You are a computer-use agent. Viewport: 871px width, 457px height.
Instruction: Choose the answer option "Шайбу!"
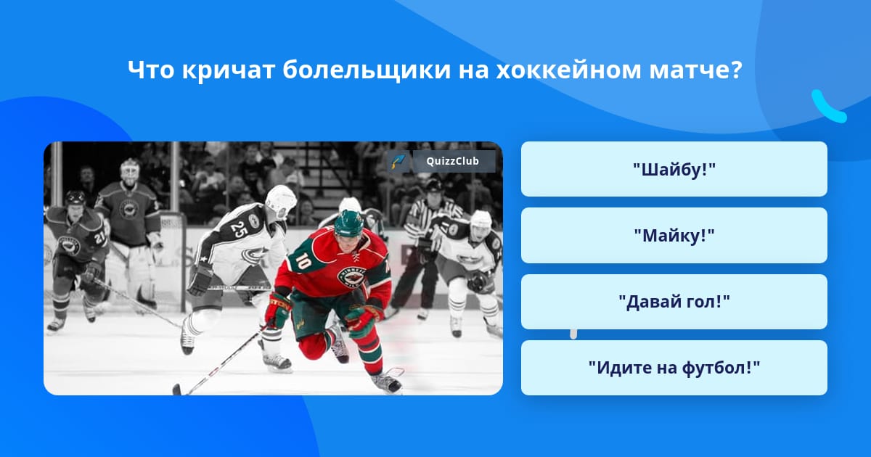pyautogui.click(x=674, y=169)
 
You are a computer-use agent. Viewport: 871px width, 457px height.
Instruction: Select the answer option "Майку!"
pyautogui.click(x=674, y=236)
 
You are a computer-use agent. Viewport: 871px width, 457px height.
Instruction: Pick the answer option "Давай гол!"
pyautogui.click(x=674, y=302)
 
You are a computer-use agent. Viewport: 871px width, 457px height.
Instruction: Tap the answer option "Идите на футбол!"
pyautogui.click(x=674, y=368)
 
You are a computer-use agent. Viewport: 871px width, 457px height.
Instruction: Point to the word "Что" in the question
pyautogui.click(x=151, y=70)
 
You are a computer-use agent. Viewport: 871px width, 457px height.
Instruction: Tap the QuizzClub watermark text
pyautogui.click(x=453, y=161)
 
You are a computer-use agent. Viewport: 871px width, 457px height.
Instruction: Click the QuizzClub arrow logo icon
pyautogui.click(x=398, y=161)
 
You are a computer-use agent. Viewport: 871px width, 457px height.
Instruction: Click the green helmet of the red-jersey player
pyautogui.click(x=348, y=223)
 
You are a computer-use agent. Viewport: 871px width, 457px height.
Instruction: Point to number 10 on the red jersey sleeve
pyautogui.click(x=303, y=260)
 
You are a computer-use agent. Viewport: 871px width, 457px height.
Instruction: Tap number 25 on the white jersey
pyautogui.click(x=238, y=229)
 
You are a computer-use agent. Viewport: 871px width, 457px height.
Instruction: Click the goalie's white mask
pyautogui.click(x=129, y=171)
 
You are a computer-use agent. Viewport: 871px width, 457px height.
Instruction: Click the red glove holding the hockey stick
pyautogui.click(x=279, y=310)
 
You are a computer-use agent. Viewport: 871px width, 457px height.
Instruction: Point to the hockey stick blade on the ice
pyautogui.click(x=178, y=389)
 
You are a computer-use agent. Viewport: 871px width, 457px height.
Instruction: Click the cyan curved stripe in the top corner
pyautogui.click(x=828, y=107)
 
